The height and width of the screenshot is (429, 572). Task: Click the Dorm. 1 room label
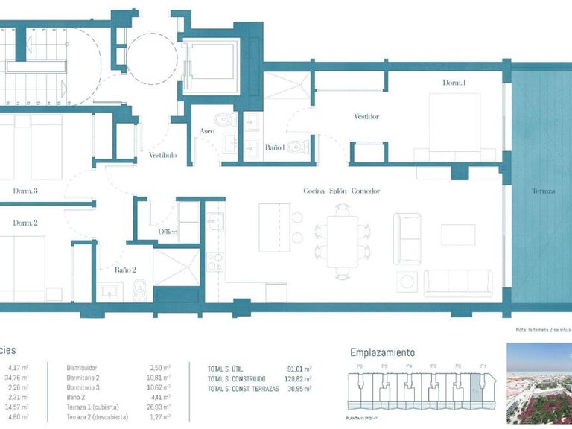click(x=454, y=83)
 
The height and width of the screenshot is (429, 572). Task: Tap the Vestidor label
click(x=366, y=117)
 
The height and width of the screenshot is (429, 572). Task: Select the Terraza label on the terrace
click(x=544, y=191)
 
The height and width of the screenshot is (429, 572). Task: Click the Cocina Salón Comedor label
click(x=342, y=191)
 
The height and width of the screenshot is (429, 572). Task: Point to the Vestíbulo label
click(x=162, y=155)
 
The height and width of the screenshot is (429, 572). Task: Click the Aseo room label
click(x=207, y=132)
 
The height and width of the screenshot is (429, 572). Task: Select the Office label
click(x=168, y=232)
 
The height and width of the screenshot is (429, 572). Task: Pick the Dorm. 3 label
click(x=25, y=191)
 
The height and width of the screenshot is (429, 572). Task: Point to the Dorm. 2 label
click(x=25, y=223)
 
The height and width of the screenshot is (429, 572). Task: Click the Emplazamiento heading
click(x=382, y=352)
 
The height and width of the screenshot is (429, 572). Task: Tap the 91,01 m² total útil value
click(x=299, y=368)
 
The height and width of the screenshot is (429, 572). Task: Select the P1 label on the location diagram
click(x=482, y=366)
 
